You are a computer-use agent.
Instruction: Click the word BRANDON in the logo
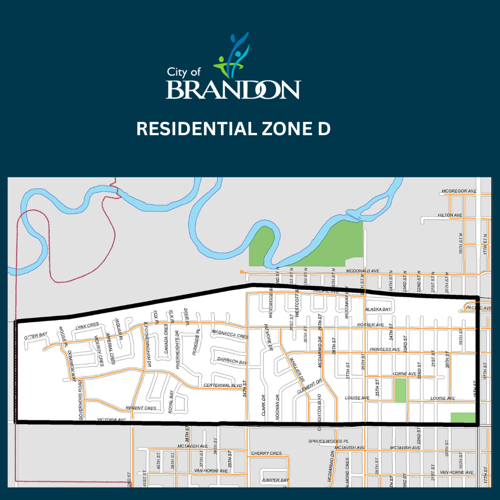[x=233, y=89]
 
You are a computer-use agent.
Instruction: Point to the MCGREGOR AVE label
[x=459, y=191]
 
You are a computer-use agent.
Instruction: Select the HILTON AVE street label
[x=450, y=215]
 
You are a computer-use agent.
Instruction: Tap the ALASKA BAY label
[x=378, y=309]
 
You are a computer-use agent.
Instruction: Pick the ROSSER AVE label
[x=370, y=325]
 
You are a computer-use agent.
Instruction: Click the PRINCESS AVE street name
[x=385, y=350]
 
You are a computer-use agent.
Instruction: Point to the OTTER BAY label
[x=36, y=334]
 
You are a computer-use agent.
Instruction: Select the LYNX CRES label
[x=87, y=326]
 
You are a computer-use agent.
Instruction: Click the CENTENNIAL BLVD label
[x=223, y=386]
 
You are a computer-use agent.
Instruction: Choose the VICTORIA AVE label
[x=112, y=420]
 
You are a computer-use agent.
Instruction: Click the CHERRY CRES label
[x=266, y=453]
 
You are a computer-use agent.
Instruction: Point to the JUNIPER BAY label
[x=275, y=480]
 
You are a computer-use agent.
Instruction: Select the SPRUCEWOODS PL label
[x=328, y=442]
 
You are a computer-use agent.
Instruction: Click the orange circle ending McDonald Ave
[x=241, y=272]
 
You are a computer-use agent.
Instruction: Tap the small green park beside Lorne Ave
[x=400, y=390]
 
